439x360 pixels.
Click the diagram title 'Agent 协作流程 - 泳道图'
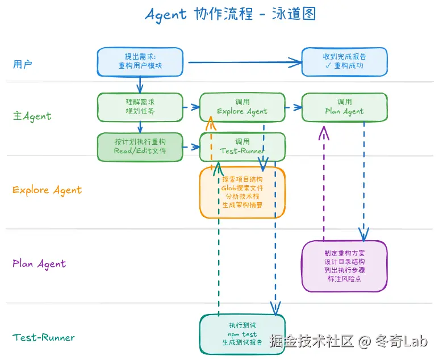[x=230, y=14]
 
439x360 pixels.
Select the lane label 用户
[x=23, y=64]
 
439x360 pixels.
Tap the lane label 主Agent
[x=32, y=116]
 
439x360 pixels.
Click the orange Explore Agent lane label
[x=47, y=190]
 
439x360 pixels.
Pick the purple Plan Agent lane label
[x=39, y=264]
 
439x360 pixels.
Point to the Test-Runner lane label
[x=44, y=338]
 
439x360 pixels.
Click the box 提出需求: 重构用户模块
[x=140, y=62]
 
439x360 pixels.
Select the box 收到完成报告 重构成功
[x=344, y=62]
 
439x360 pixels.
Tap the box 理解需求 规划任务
[x=140, y=107]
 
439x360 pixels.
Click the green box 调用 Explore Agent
[x=242, y=107]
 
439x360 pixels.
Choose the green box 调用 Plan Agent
[x=344, y=107]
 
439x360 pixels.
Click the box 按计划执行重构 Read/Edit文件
[x=140, y=146]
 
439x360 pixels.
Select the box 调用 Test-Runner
[x=242, y=146]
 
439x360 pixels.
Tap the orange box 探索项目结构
[x=242, y=192]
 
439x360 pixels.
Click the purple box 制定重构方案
[x=344, y=266]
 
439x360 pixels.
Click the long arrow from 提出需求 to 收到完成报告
[x=244, y=62]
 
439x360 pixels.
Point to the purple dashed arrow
[x=324, y=187]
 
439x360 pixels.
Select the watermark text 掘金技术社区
[x=312, y=341]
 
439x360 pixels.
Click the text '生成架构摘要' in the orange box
[x=242, y=205]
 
